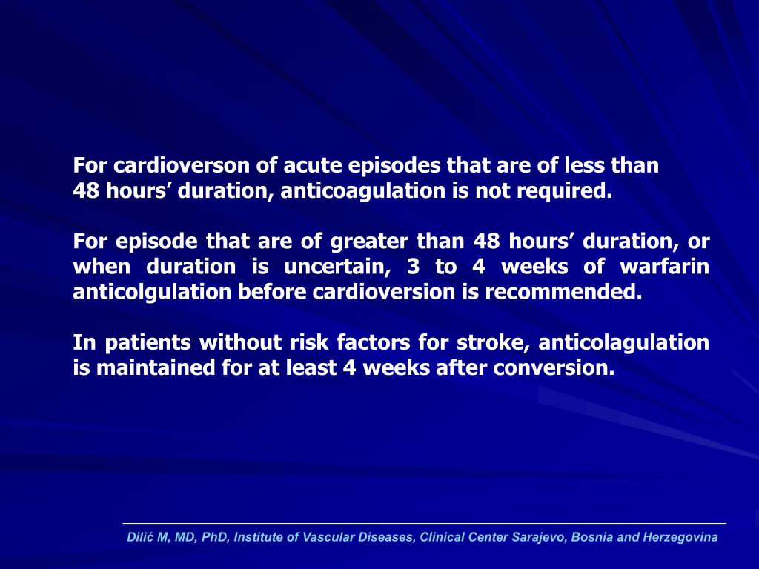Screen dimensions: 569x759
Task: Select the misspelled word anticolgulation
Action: [x=153, y=292]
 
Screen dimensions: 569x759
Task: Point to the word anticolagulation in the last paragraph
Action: [x=623, y=342]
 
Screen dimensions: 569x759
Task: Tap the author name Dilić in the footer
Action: [x=139, y=537]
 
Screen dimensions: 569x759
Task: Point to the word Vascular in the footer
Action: [x=326, y=537]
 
